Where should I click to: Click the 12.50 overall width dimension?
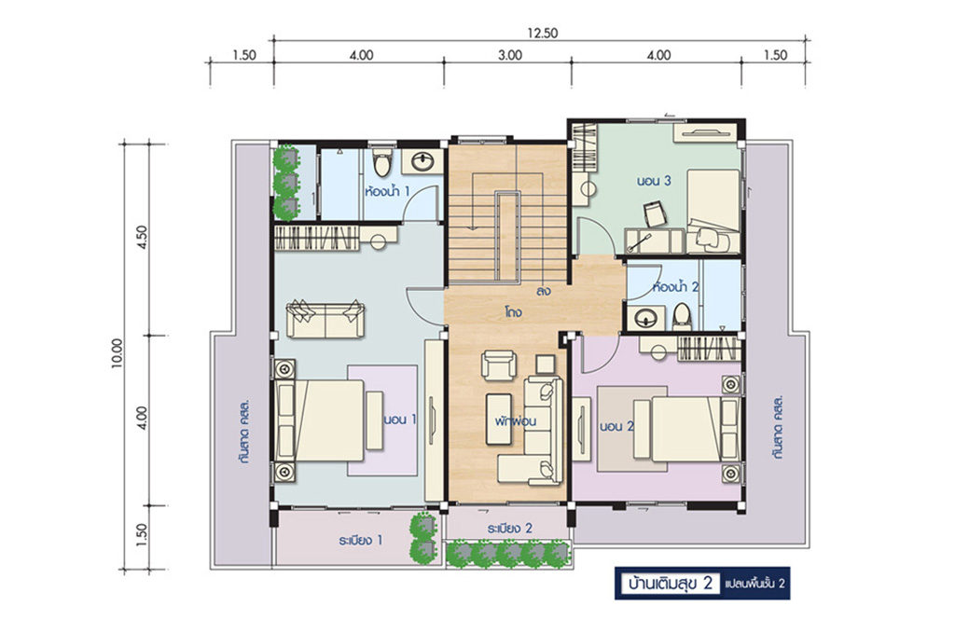[543, 34]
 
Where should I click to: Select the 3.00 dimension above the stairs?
[510, 55]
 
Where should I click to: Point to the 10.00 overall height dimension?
[118, 353]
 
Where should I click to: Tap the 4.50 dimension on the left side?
[142, 238]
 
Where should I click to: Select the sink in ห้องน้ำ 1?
[422, 162]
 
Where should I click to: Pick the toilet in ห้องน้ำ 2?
[682, 317]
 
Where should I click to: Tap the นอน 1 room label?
[400, 420]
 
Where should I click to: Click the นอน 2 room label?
[616, 427]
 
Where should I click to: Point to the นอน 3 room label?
[654, 181]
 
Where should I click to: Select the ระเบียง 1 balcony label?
[361, 540]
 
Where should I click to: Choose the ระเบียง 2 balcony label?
[510, 529]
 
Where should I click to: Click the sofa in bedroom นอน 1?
[325, 318]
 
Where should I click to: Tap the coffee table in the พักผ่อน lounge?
[499, 419]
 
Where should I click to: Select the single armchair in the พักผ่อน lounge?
[499, 365]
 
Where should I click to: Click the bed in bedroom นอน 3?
[713, 211]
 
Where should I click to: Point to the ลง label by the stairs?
[544, 291]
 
